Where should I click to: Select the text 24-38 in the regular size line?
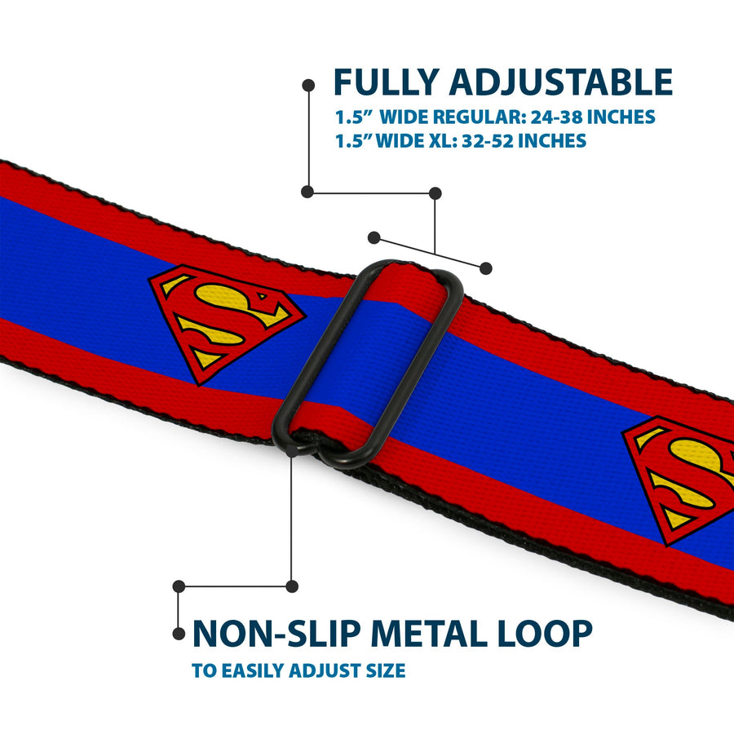click(556, 117)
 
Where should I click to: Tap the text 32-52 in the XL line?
click(488, 140)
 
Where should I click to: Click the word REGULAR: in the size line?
click(480, 117)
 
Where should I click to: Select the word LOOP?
click(545, 634)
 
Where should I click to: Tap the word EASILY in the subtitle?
click(254, 670)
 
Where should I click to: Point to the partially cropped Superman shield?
click(678, 480)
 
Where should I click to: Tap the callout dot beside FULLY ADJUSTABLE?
click(308, 85)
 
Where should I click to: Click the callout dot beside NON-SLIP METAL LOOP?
click(179, 634)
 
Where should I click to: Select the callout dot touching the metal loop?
click(291, 451)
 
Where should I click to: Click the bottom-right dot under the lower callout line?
click(292, 586)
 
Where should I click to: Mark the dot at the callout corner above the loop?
click(435, 192)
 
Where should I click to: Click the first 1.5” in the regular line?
click(350, 117)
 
